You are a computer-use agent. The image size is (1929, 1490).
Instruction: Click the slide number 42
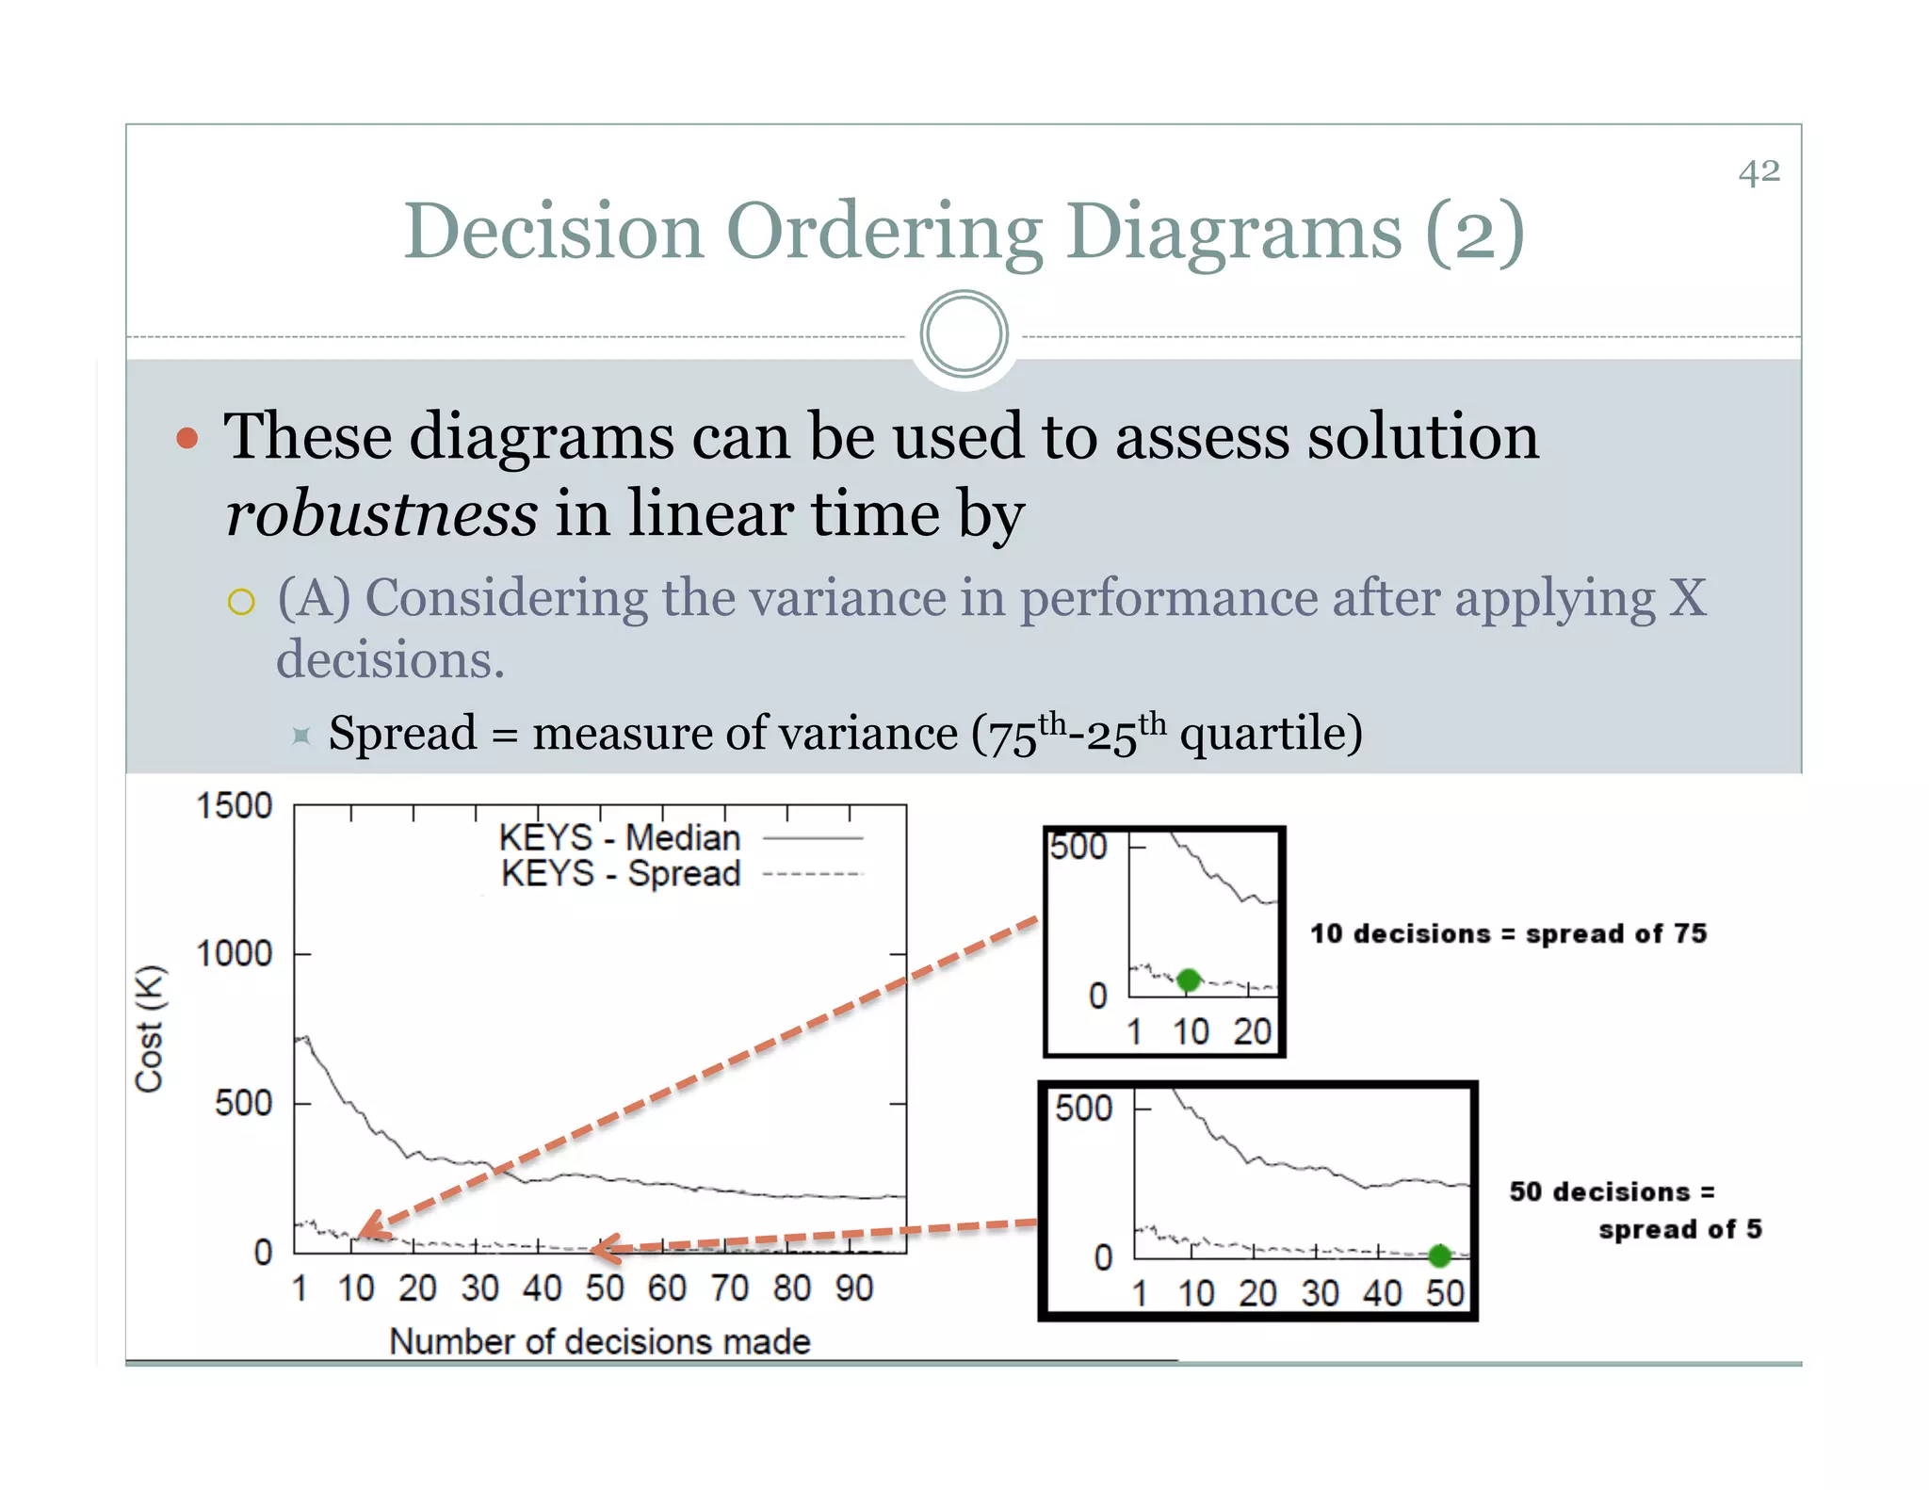tap(1759, 172)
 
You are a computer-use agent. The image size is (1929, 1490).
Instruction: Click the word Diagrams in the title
tap(1234, 233)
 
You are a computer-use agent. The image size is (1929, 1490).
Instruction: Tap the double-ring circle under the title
tap(964, 334)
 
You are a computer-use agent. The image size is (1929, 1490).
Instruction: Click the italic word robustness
tap(381, 514)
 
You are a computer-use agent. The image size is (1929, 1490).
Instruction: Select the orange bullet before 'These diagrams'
tap(187, 438)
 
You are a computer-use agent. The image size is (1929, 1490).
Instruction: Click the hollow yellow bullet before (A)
tap(241, 602)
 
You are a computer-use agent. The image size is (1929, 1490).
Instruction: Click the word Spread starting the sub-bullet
tap(402, 733)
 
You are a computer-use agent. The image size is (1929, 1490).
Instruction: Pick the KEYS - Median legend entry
tap(620, 837)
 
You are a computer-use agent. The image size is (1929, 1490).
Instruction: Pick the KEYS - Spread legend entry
tap(621, 873)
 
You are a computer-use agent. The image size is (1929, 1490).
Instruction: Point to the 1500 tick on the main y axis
tap(234, 806)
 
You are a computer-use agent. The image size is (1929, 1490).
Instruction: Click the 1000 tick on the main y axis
tap(234, 954)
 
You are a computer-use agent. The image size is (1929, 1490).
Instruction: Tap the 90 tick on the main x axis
tap(853, 1288)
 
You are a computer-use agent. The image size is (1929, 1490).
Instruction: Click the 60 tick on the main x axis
tap(666, 1288)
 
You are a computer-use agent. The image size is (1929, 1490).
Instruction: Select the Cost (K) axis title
tap(150, 1028)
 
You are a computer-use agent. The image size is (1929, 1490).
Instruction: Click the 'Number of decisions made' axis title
tap(600, 1341)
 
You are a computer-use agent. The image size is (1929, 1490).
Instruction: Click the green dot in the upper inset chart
tap(1189, 980)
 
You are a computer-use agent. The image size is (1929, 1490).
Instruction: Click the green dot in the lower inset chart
tap(1439, 1255)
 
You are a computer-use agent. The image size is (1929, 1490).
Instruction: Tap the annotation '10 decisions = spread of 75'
tap(1508, 933)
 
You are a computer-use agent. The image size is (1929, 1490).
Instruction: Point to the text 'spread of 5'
tap(1679, 1229)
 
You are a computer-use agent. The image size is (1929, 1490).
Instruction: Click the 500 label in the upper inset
tap(1078, 847)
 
